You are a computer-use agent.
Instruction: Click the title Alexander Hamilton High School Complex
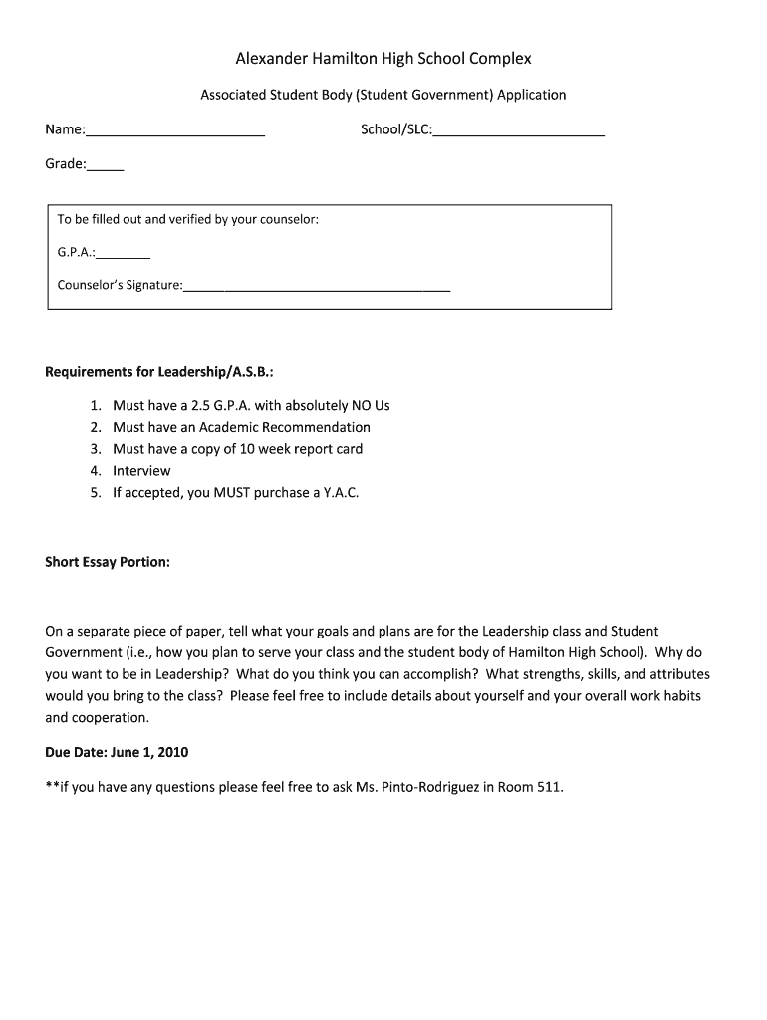point(383,59)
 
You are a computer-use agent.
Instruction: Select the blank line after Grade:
point(106,169)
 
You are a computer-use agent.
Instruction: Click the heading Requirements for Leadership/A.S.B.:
point(159,372)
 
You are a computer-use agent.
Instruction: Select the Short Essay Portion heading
point(108,562)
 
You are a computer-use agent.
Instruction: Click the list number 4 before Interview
point(96,471)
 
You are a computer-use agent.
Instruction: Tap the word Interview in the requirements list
point(141,471)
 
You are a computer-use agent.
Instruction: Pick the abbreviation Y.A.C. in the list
point(341,493)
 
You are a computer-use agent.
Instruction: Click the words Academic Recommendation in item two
point(285,427)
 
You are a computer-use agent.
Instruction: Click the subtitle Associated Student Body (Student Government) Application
point(383,96)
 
